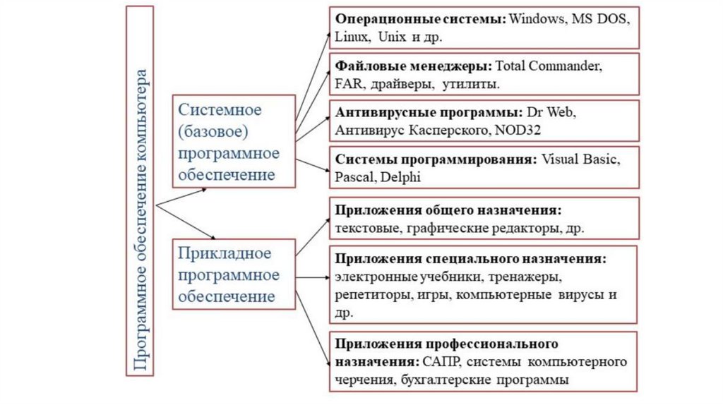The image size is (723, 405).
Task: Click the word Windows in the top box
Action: click(534, 19)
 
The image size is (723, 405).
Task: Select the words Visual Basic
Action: click(581, 159)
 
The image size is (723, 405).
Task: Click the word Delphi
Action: click(400, 176)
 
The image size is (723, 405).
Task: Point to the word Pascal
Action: click(355, 176)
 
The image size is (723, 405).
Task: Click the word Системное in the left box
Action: click(220, 110)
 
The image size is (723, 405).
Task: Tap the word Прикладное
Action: click(225, 253)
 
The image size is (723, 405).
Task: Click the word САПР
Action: click(442, 362)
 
